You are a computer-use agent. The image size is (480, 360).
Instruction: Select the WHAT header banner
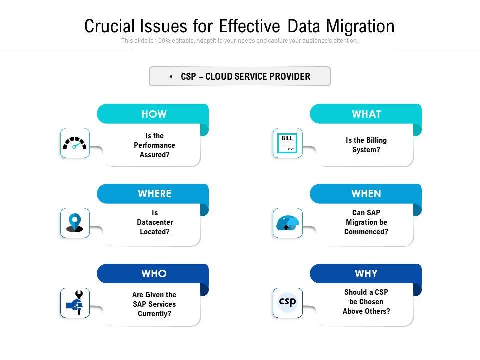(x=366, y=114)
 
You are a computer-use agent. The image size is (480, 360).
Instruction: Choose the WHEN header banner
(x=366, y=194)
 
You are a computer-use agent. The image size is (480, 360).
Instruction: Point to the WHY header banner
(x=366, y=274)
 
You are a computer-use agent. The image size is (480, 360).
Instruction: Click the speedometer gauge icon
(x=75, y=143)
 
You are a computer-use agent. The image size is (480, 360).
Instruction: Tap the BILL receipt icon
(x=287, y=143)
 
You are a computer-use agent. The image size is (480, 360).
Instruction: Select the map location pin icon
(x=75, y=223)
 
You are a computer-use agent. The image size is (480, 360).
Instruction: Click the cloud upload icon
(x=287, y=223)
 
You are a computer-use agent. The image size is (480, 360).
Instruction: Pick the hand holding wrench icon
(x=75, y=303)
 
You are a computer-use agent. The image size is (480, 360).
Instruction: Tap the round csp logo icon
(x=287, y=302)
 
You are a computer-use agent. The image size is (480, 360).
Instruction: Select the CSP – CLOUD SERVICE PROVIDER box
(x=240, y=76)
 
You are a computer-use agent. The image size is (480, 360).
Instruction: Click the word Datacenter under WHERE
(x=155, y=222)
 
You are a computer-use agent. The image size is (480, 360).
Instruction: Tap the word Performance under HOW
(x=155, y=145)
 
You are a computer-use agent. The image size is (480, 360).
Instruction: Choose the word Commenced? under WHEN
(x=366, y=232)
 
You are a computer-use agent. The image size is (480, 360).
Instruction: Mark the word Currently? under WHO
(x=154, y=314)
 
